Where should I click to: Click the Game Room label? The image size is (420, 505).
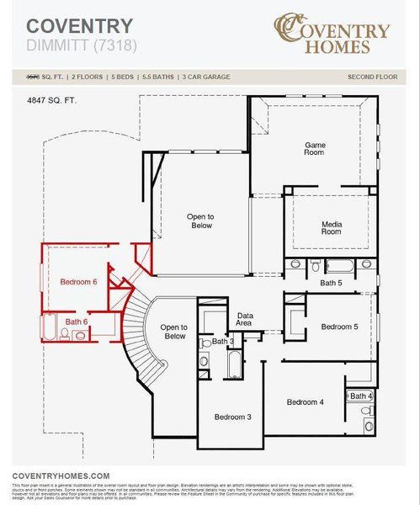click(314, 149)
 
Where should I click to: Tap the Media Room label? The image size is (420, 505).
click(331, 227)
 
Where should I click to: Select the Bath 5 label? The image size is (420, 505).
click(331, 284)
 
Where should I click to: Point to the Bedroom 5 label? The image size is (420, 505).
click(339, 327)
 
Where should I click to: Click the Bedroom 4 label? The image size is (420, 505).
click(304, 401)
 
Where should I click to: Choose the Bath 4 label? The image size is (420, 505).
click(361, 396)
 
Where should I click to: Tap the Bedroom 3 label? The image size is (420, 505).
click(231, 417)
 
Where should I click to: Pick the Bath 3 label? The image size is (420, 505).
click(223, 341)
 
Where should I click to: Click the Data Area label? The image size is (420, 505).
click(245, 319)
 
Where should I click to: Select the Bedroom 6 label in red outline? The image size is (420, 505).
click(78, 283)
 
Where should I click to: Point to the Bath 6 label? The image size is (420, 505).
click(77, 322)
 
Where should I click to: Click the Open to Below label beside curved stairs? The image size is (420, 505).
click(173, 332)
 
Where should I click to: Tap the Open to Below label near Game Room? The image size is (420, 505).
click(200, 221)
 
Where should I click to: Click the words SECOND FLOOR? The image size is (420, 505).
click(371, 77)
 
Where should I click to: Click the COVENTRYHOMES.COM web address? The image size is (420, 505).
click(61, 476)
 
